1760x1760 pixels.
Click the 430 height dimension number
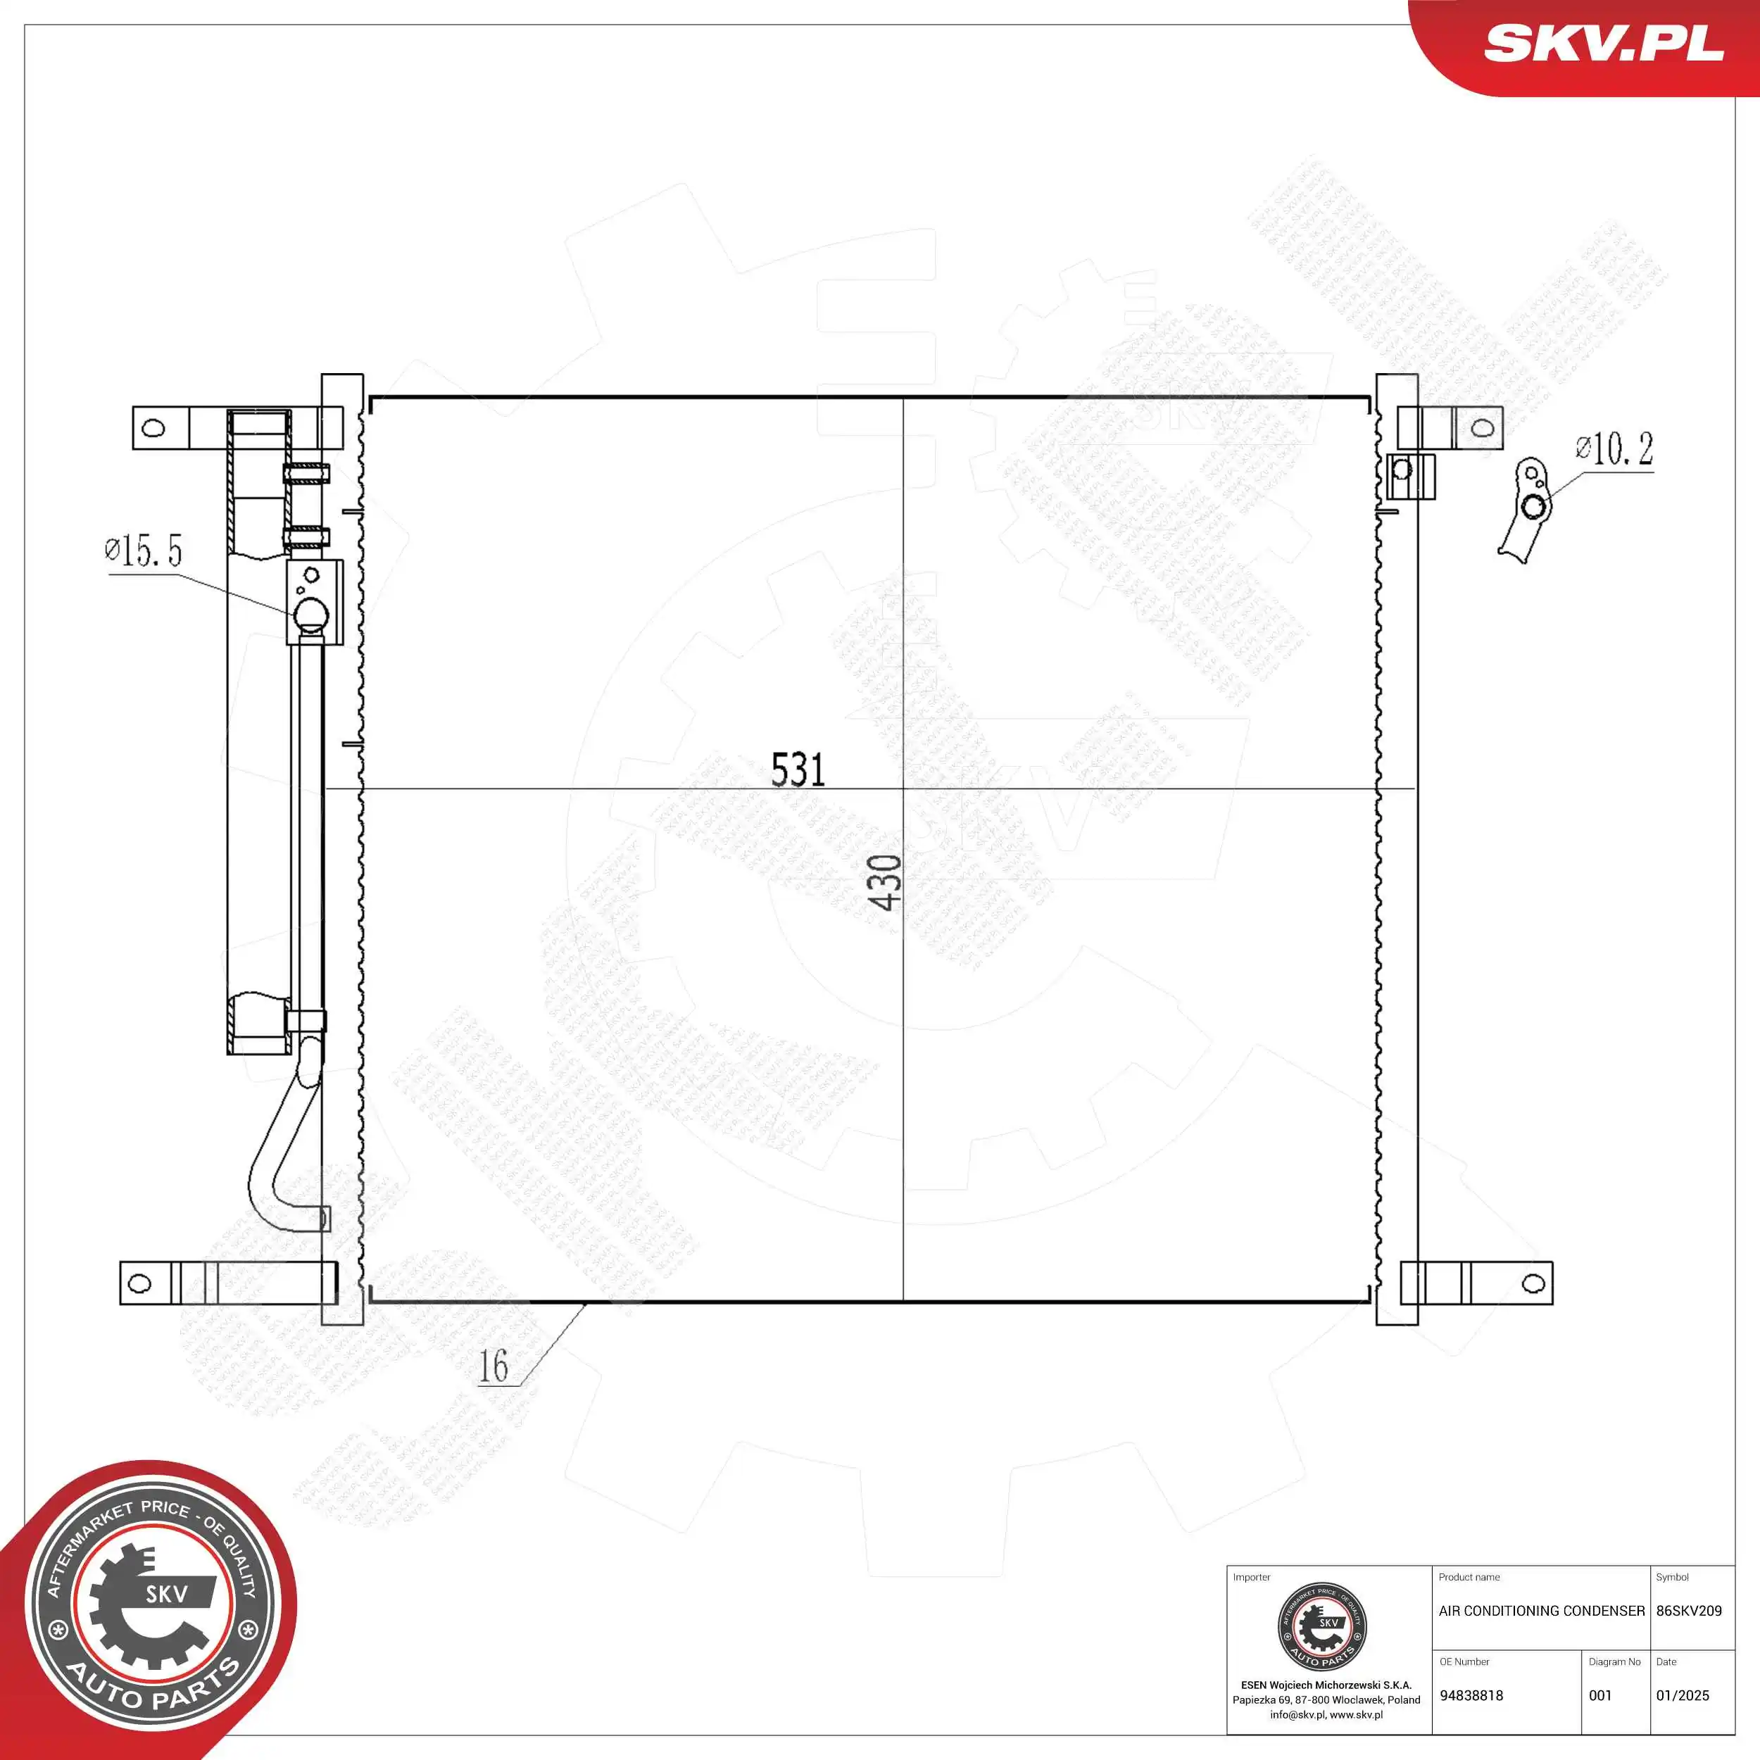[x=884, y=882]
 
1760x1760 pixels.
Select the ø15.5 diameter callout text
[x=144, y=551]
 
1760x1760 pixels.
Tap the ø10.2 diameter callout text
[x=1614, y=448]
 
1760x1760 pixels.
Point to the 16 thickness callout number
[x=494, y=1366]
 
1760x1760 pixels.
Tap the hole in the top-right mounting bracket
[x=1482, y=427]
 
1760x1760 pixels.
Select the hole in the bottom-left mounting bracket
[x=139, y=1283]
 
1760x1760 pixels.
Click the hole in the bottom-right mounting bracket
[x=1533, y=1283]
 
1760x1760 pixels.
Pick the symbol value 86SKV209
[x=1689, y=1611]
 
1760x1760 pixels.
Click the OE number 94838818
[x=1471, y=1695]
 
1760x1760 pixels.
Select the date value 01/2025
[x=1683, y=1695]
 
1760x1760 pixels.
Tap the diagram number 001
[x=1601, y=1695]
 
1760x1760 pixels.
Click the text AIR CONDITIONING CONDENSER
[x=1541, y=1611]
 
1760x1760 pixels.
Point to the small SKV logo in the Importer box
[x=1322, y=1628]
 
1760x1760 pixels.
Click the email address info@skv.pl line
[x=1326, y=1714]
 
